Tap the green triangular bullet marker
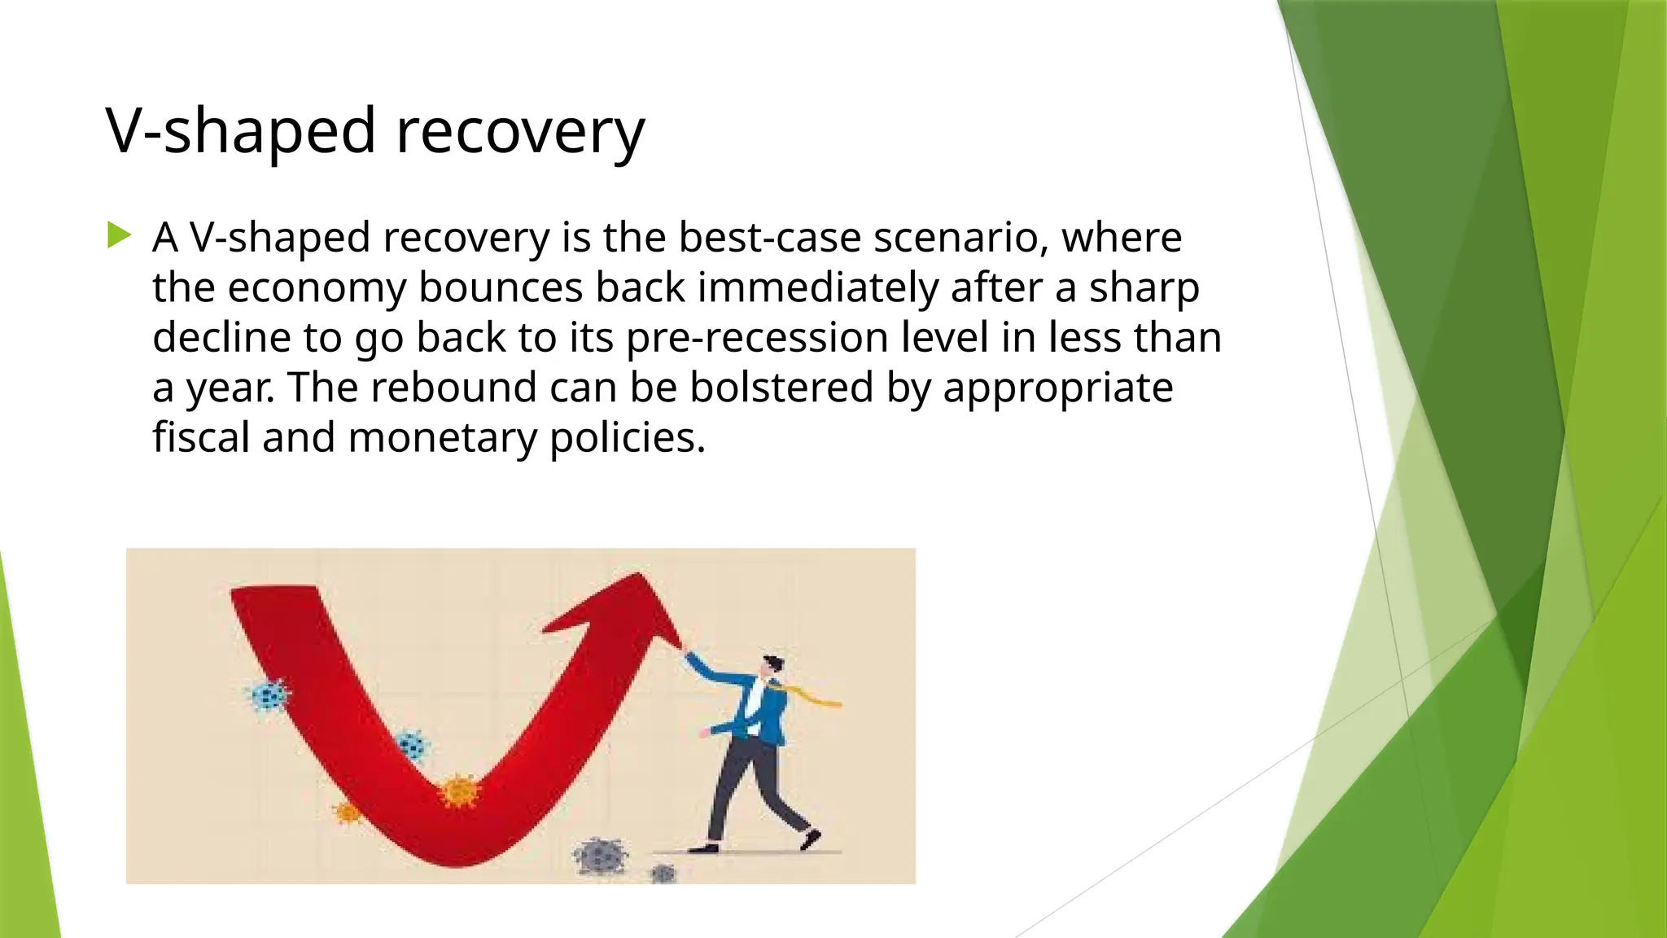(x=119, y=236)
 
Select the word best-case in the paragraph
(x=769, y=238)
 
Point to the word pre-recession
(x=757, y=338)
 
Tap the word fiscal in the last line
(x=201, y=437)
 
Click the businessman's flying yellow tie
(x=814, y=697)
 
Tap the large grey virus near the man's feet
(x=601, y=855)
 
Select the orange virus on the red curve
(x=458, y=791)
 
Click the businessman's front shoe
(x=810, y=839)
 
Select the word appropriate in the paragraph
(x=1057, y=388)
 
